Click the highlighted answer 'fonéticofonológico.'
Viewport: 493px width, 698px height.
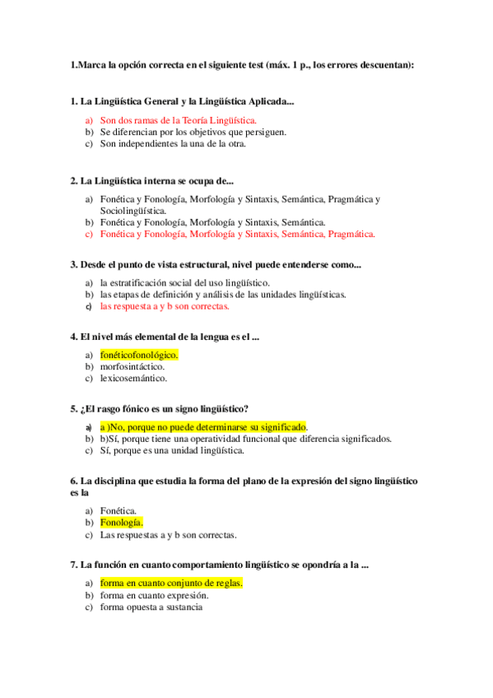pyautogui.click(x=139, y=355)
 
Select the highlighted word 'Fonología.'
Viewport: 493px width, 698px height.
pyautogui.click(x=122, y=522)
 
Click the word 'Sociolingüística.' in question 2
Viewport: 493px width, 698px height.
pyautogui.click(x=133, y=211)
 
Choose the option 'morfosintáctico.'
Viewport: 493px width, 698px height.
pyautogui.click(x=133, y=366)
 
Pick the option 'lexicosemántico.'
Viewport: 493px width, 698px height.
pyautogui.click(x=133, y=379)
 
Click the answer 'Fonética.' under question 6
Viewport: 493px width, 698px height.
pyautogui.click(x=119, y=510)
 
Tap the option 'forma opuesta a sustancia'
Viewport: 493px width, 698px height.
pyautogui.click(x=151, y=607)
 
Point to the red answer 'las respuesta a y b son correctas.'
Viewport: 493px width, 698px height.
pyautogui.click(x=165, y=306)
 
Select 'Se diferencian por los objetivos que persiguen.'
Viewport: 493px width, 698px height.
pyautogui.click(x=193, y=132)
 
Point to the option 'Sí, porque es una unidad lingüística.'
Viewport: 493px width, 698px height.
pyautogui.click(x=172, y=450)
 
